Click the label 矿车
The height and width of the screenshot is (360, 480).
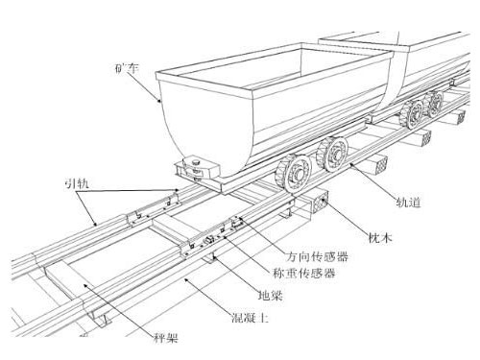(x=125, y=69)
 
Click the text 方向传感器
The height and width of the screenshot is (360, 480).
(x=318, y=257)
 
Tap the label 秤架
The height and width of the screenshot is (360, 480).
(x=166, y=336)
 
